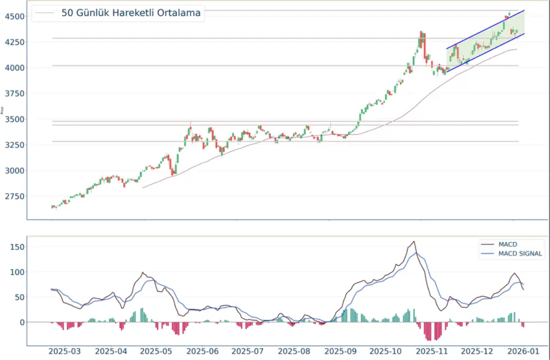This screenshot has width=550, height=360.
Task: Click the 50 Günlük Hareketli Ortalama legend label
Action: [131, 13]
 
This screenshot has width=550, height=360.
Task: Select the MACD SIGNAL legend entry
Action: [520, 253]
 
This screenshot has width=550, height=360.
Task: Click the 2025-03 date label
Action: [65, 351]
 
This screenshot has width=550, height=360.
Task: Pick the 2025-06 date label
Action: [203, 351]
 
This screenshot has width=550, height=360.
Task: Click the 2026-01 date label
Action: [522, 351]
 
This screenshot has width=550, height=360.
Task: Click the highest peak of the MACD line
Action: [413, 241]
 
